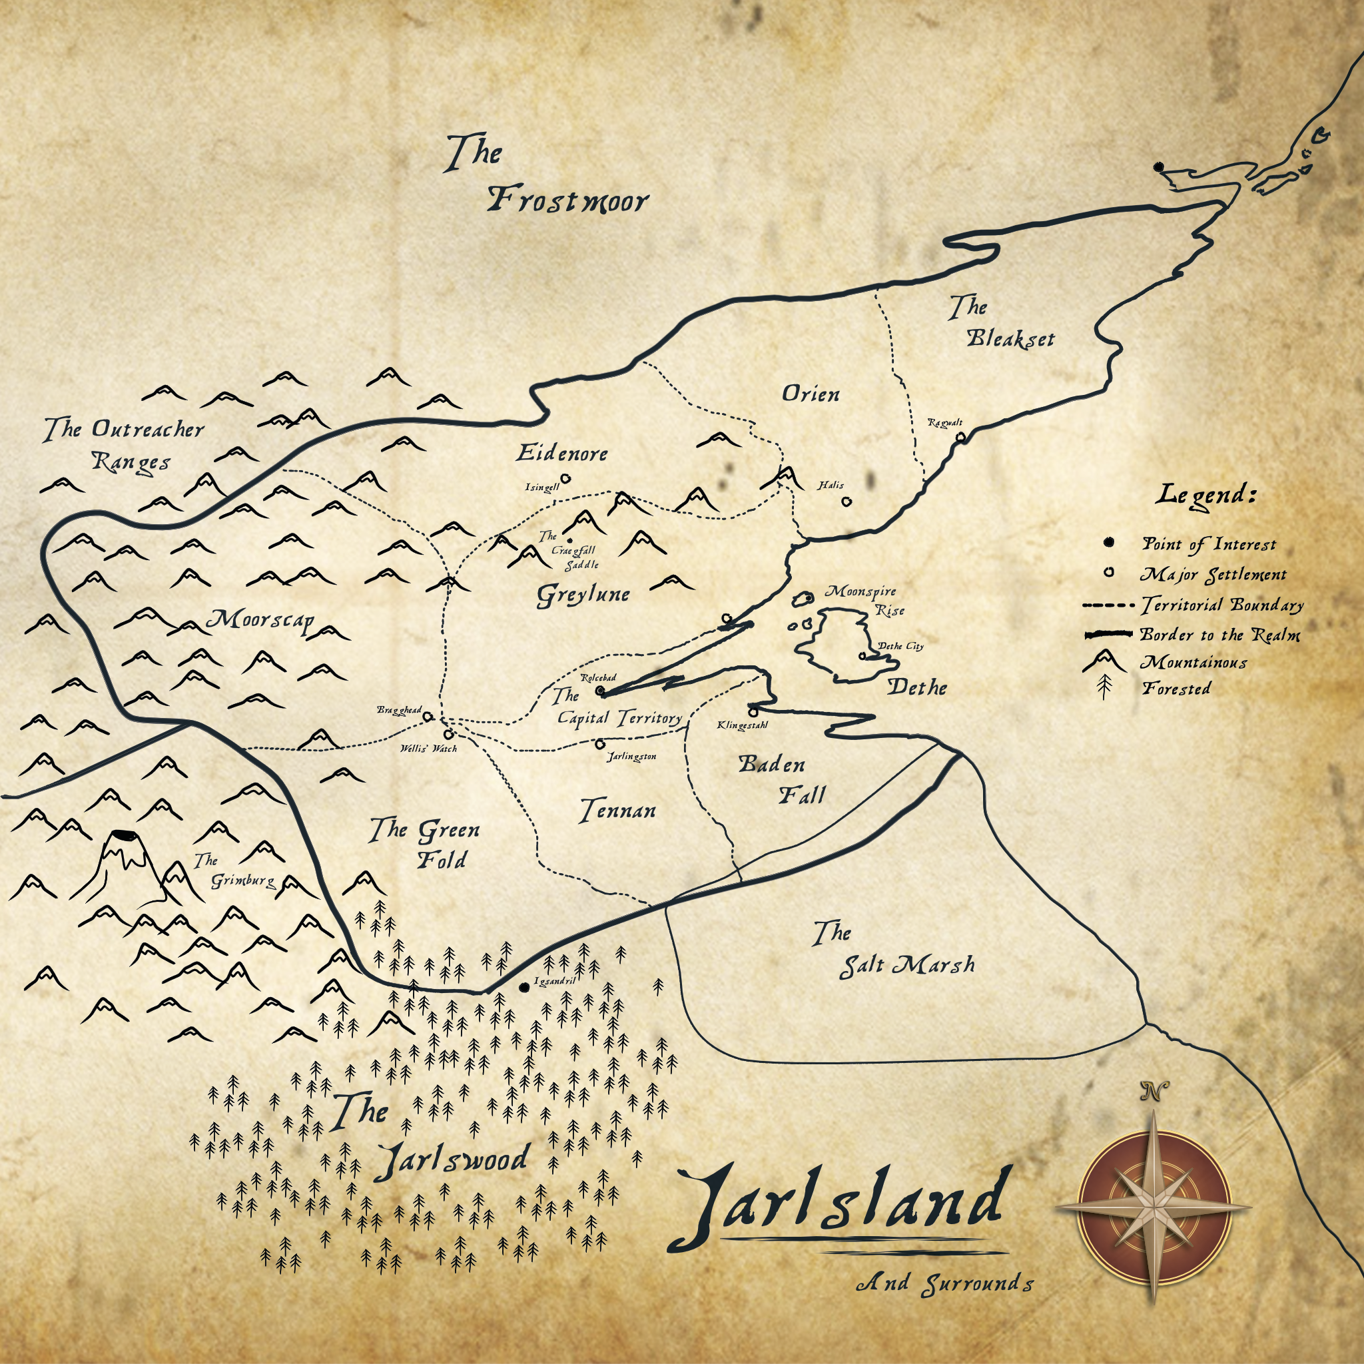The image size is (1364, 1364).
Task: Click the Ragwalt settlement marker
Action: (x=960, y=438)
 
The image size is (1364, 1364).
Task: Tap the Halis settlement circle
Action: (x=847, y=502)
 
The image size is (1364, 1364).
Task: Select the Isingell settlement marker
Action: (x=565, y=479)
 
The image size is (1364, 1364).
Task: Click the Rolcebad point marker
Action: (x=600, y=690)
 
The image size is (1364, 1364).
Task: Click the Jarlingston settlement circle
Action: (x=600, y=743)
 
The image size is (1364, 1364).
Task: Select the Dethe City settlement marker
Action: (x=862, y=656)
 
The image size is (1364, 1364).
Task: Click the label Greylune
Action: (x=583, y=595)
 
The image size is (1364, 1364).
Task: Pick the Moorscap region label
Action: (x=260, y=621)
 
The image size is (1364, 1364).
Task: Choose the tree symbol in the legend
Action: (x=1104, y=687)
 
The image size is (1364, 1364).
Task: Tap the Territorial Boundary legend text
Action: (x=1222, y=605)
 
